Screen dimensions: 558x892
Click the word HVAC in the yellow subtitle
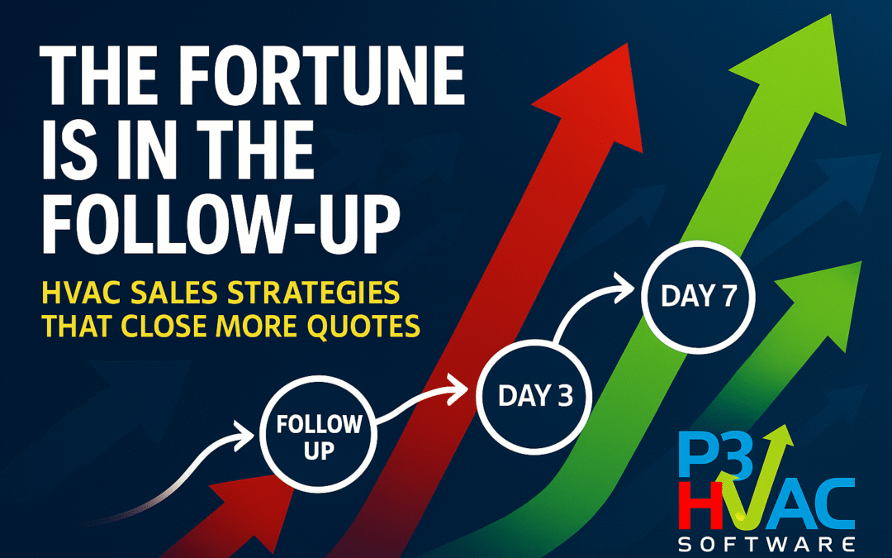pyautogui.click(x=78, y=294)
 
